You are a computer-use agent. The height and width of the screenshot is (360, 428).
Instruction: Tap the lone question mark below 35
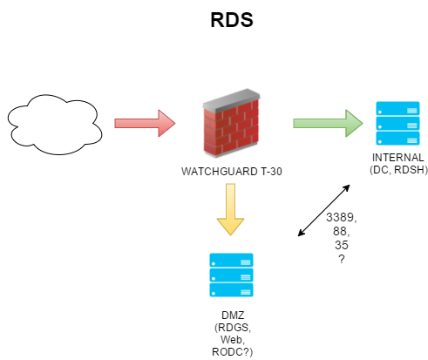pos(341,260)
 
